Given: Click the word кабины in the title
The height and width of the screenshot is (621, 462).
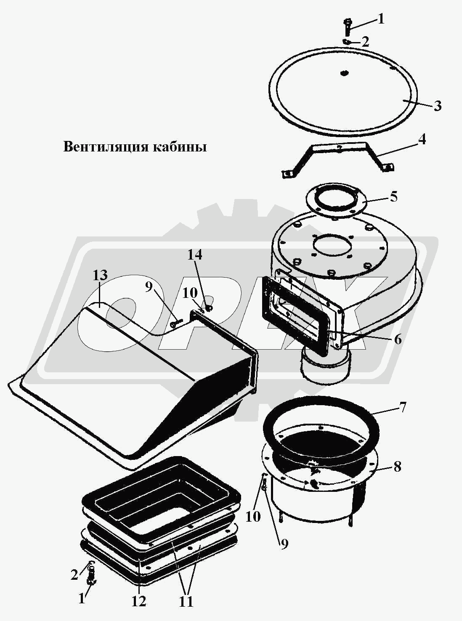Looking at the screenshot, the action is [x=180, y=147].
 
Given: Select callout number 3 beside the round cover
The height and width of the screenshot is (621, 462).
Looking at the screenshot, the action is [x=437, y=106].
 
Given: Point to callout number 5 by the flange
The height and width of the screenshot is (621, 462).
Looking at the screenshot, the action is [x=393, y=197].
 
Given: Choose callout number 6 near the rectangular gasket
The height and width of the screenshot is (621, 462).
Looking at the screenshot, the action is [x=398, y=339].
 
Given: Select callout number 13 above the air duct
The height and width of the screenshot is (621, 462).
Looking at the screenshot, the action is [x=100, y=275].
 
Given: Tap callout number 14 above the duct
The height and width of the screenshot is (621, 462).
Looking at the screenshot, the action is [x=195, y=255].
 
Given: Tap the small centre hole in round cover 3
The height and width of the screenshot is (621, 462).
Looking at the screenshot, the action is [x=344, y=73].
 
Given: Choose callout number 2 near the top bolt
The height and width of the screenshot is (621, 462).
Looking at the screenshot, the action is [x=365, y=42].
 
